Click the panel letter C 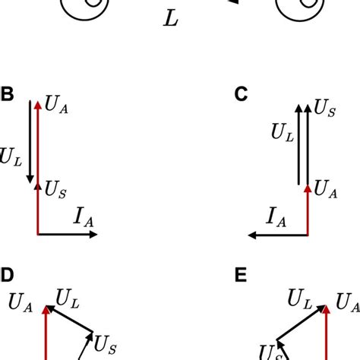point(242,95)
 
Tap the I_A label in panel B point(84,222)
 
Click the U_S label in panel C point(325,111)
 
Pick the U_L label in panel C point(282,132)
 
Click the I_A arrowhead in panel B point(94,235)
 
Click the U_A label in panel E point(349,303)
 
